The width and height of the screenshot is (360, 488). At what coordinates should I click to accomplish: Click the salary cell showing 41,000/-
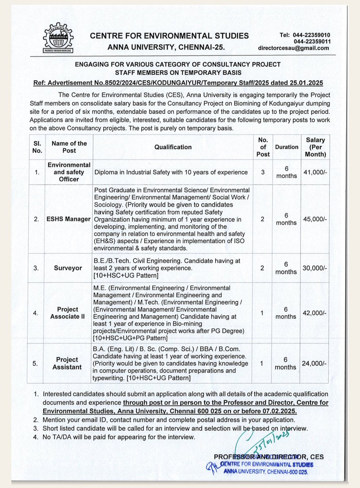point(315,172)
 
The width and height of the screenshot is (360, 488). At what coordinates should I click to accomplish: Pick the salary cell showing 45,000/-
point(315,219)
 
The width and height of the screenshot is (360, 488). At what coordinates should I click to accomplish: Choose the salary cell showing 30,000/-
point(315,268)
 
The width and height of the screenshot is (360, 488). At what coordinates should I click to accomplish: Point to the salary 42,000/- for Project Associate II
point(315,313)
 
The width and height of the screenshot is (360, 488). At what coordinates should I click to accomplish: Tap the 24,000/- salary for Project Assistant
point(315,363)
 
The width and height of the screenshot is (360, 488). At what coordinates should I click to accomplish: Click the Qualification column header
point(173,147)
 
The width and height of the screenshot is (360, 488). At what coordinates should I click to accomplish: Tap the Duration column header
point(286,147)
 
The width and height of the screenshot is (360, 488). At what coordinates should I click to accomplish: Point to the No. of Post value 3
point(263,172)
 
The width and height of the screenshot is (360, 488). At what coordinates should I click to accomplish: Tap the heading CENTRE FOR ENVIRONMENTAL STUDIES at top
point(169,36)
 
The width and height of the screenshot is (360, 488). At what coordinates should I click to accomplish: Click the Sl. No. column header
point(37,147)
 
